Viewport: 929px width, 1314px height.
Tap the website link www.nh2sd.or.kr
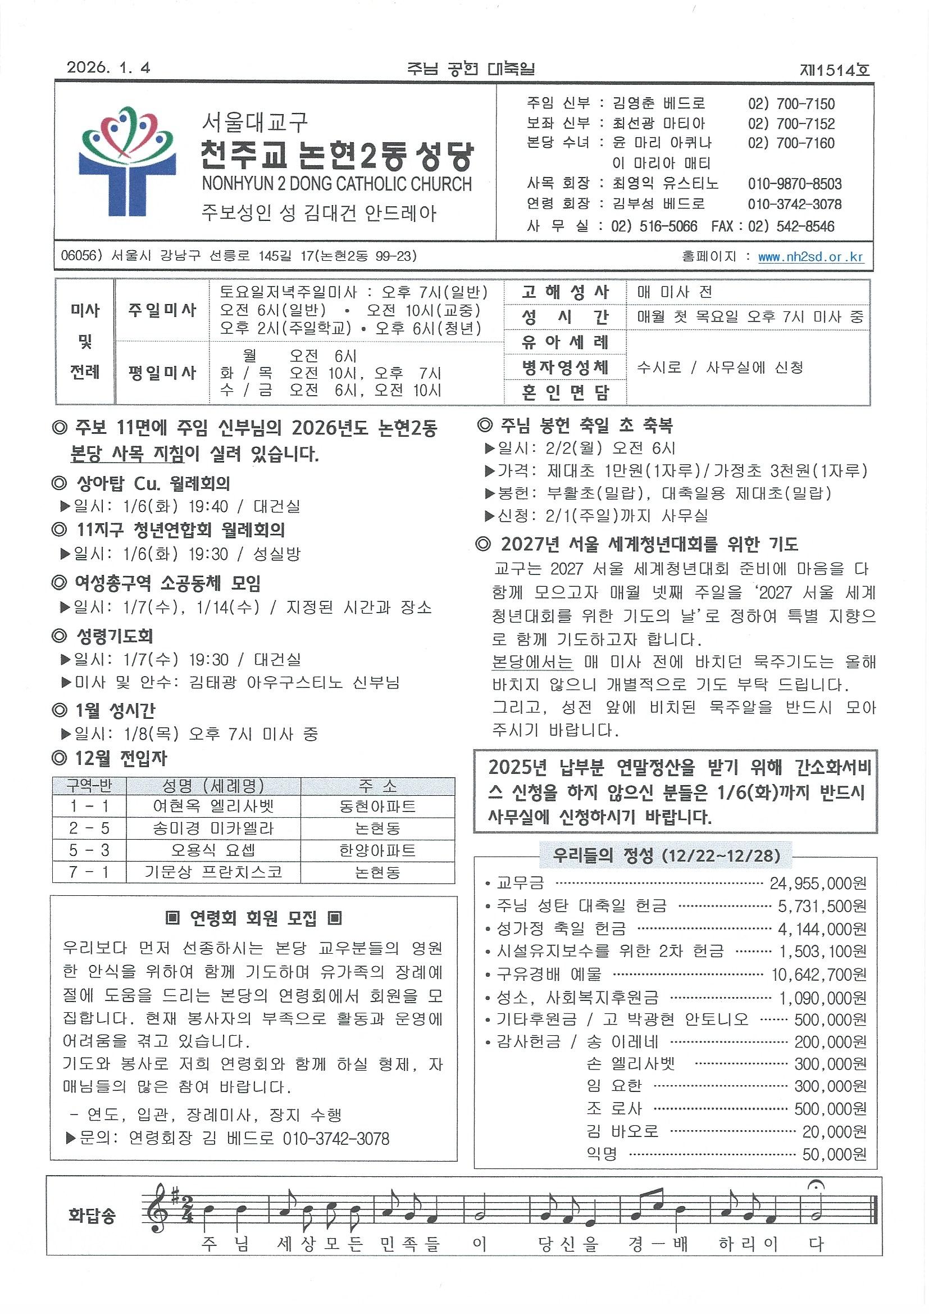pyautogui.click(x=810, y=257)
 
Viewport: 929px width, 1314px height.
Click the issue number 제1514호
pyautogui.click(x=835, y=69)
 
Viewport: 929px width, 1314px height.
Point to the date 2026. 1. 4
pyautogui.click(x=109, y=67)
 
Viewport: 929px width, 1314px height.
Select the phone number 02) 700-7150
pyautogui.click(x=791, y=104)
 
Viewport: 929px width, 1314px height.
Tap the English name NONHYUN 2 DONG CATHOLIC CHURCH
pyautogui.click(x=336, y=184)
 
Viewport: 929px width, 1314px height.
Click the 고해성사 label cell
pyautogui.click(x=564, y=292)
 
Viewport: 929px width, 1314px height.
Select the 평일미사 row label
pyautogui.click(x=162, y=373)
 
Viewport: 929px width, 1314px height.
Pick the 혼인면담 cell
pyautogui.click(x=564, y=392)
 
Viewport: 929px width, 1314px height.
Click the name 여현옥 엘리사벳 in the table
pyautogui.click(x=213, y=806)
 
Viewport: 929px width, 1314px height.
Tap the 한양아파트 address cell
pyautogui.click(x=377, y=850)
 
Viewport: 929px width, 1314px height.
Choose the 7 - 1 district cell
pyautogui.click(x=89, y=872)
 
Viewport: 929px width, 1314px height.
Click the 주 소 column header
pyautogui.click(x=377, y=786)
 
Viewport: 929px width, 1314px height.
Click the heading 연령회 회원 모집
pyautogui.click(x=253, y=918)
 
